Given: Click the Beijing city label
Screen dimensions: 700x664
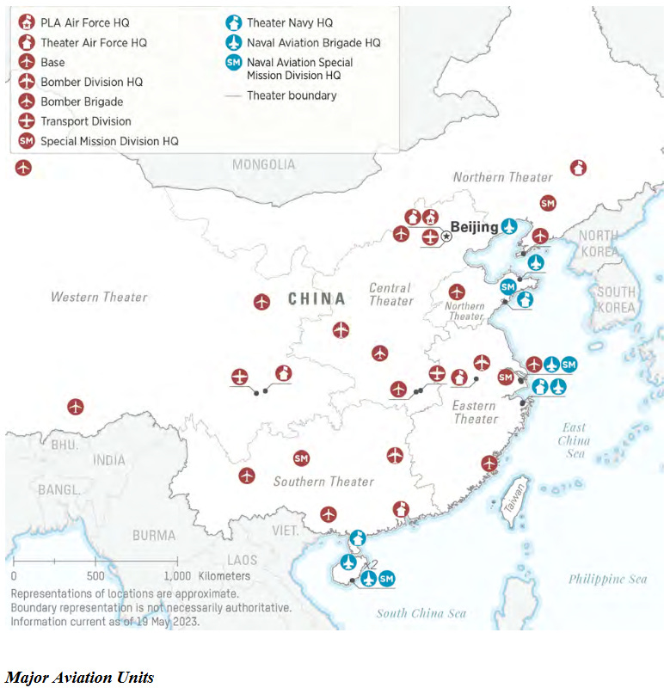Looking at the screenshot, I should point(474,227).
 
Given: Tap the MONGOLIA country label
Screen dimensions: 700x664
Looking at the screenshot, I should point(263,164).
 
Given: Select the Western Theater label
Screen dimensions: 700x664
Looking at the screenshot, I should point(99,298).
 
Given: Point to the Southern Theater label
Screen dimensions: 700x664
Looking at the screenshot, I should point(323,482).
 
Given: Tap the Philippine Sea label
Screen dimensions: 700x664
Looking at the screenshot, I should point(607,579).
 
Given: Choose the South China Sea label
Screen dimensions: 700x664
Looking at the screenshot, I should point(421,613).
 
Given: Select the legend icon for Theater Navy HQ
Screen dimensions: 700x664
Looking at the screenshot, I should point(232,23).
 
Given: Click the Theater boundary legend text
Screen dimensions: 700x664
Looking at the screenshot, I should point(292,95).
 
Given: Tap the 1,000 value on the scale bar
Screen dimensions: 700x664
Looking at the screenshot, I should point(176,576).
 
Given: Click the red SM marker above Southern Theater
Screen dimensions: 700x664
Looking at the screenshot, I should point(301,458).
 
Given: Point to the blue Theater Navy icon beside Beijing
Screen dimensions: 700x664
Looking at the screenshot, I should point(510,227).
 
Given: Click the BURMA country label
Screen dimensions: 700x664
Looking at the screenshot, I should point(154,535).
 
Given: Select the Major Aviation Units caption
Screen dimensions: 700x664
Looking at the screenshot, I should point(79,678).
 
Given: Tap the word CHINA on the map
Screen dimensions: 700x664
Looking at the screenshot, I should point(317,299).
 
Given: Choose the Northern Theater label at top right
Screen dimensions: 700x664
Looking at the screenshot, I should point(503,177).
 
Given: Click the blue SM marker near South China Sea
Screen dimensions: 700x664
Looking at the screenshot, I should point(387,579).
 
